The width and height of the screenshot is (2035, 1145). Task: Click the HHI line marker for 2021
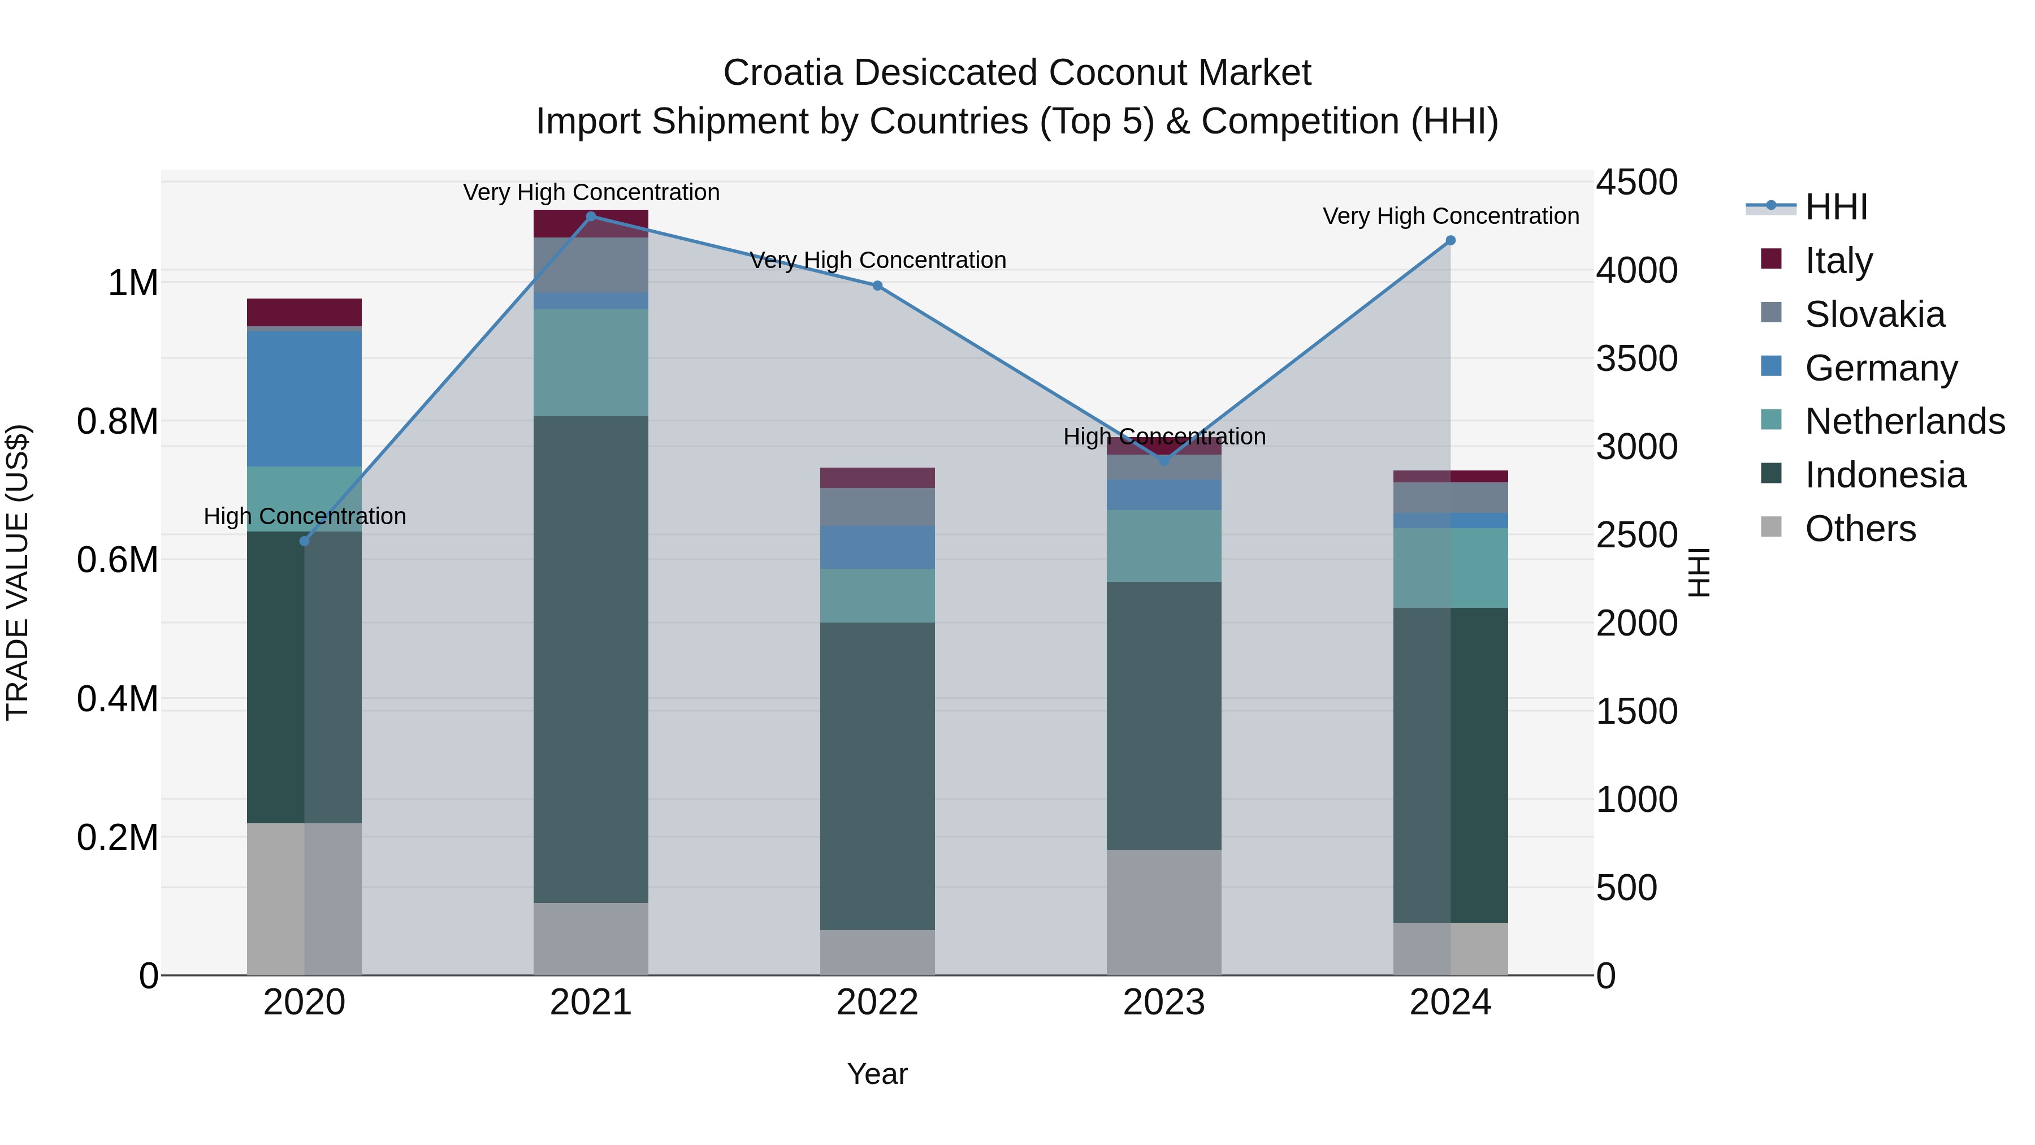(x=591, y=217)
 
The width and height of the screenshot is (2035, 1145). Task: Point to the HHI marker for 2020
(x=304, y=541)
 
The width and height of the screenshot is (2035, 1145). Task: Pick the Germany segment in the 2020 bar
(x=304, y=399)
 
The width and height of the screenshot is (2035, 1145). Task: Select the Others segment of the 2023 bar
(x=1164, y=912)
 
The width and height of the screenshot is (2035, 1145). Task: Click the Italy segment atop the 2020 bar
(x=304, y=312)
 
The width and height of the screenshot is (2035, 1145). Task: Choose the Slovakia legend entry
(x=1874, y=314)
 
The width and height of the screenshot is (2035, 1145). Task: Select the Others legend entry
(x=1860, y=529)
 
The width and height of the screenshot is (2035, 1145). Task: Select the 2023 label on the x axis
(x=1164, y=1003)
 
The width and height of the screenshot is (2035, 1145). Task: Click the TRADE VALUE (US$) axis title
(x=18, y=572)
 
